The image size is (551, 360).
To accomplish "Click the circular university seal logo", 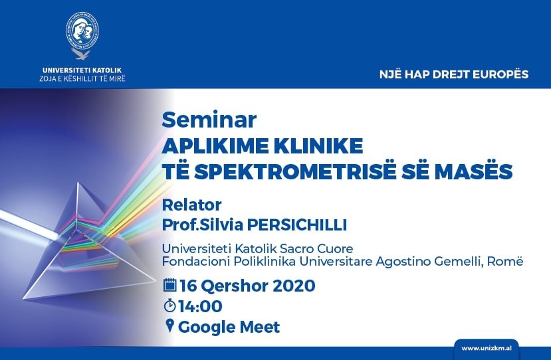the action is click(x=82, y=30).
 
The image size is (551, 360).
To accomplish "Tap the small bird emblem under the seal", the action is click(x=81, y=54).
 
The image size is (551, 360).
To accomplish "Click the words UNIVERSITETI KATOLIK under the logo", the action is click(x=82, y=70).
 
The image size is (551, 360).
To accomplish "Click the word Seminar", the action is click(x=209, y=120).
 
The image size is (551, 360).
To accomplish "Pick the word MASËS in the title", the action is click(x=473, y=171).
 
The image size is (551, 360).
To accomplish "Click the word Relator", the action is click(x=191, y=205).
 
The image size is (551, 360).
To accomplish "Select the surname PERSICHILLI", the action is click(x=297, y=225).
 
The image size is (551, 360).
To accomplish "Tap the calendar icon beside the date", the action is click(x=170, y=285).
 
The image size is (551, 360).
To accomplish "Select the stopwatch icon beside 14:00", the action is click(x=169, y=306).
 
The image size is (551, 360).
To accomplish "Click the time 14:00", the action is click(x=200, y=306).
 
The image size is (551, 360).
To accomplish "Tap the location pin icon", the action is click(x=169, y=325).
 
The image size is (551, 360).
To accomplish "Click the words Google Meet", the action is click(x=229, y=327).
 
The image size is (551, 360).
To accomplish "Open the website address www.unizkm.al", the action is click(x=487, y=349).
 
